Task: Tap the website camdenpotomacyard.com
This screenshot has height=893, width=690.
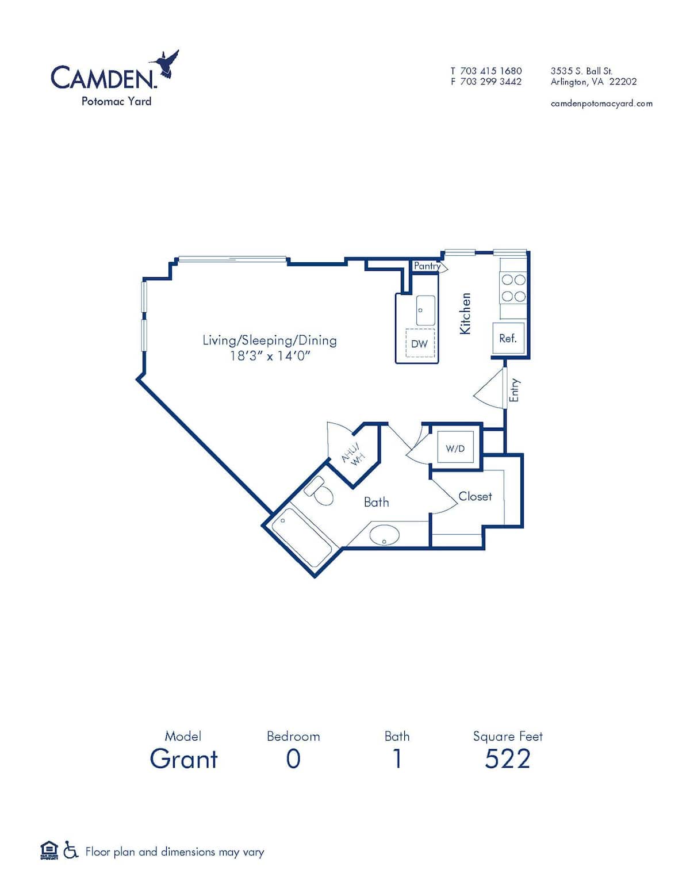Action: pos(601,104)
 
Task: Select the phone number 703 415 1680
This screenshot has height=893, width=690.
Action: pos(490,71)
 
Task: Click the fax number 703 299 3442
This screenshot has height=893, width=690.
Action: pos(490,82)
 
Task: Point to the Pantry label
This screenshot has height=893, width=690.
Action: pos(427,266)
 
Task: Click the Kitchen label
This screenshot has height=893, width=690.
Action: pos(465,313)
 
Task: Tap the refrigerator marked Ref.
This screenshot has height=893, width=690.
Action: pos(508,338)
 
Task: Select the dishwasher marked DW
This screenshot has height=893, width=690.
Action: pos(419,344)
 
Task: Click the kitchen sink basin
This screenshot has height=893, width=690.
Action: pos(425,310)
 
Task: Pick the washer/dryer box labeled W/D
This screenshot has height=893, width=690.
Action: pos(455,448)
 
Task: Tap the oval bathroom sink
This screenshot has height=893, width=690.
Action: pos(384,535)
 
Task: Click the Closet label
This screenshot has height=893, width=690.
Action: pos(475,496)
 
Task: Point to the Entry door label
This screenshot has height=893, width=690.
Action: pos(515,390)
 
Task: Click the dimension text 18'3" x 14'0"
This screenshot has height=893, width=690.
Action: pos(270,356)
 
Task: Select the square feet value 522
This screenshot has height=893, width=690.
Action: pos(507,759)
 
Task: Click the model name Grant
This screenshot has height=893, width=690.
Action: pos(184,759)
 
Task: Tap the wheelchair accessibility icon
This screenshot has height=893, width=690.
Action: pos(71,850)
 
